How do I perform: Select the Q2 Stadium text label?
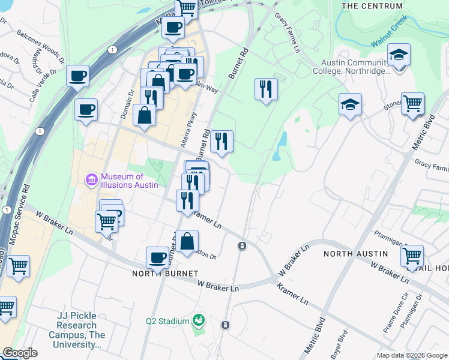(x=167, y=321)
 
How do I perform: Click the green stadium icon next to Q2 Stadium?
(x=197, y=321)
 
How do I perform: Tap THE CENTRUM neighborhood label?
(x=372, y=6)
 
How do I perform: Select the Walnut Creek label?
(x=389, y=32)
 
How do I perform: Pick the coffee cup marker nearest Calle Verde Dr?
(x=78, y=77)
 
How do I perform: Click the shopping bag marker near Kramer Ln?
(x=187, y=241)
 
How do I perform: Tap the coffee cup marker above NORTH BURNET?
(x=157, y=258)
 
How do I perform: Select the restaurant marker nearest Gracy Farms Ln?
(x=265, y=89)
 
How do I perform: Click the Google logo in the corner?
(x=19, y=353)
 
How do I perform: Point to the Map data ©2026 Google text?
(x=411, y=355)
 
